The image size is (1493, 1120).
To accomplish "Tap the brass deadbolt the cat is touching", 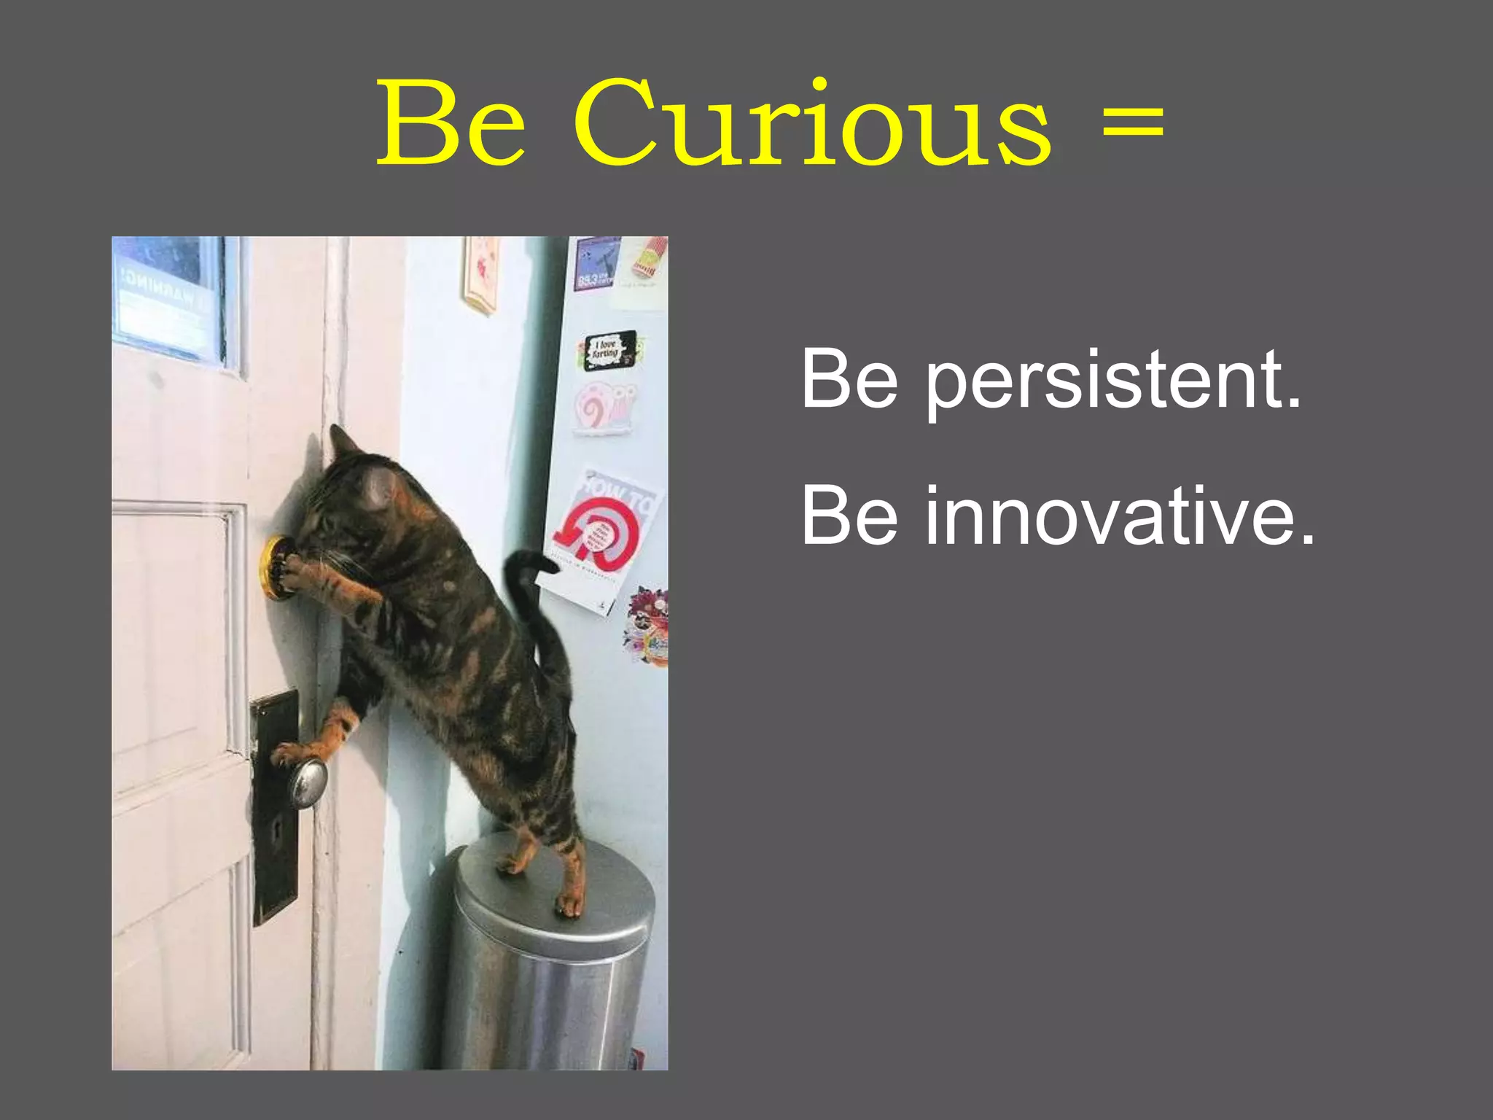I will [x=273, y=568].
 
